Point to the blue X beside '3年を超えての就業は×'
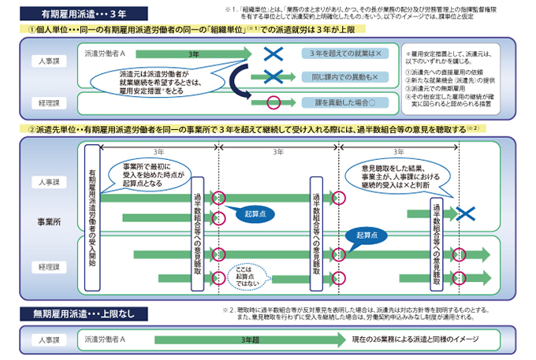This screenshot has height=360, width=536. (273, 54)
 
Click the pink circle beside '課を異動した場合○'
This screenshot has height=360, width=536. (274, 102)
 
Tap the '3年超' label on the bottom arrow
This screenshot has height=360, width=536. (252, 339)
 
